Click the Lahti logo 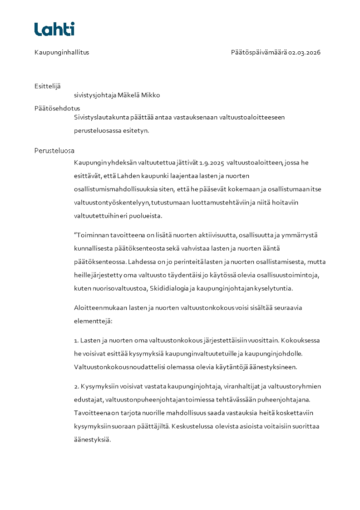pyautogui.click(x=54, y=29)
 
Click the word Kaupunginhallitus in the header pyautogui.click(x=62, y=52)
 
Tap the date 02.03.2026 pyautogui.click(x=304, y=52)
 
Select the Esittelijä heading pyautogui.click(x=48, y=86)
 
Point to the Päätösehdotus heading pyautogui.click(x=57, y=109)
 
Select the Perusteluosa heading pyautogui.click(x=54, y=151)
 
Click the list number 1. pyautogui.click(x=76, y=340)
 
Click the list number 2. pyautogui.click(x=76, y=386)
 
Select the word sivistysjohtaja pyautogui.click(x=95, y=95)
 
